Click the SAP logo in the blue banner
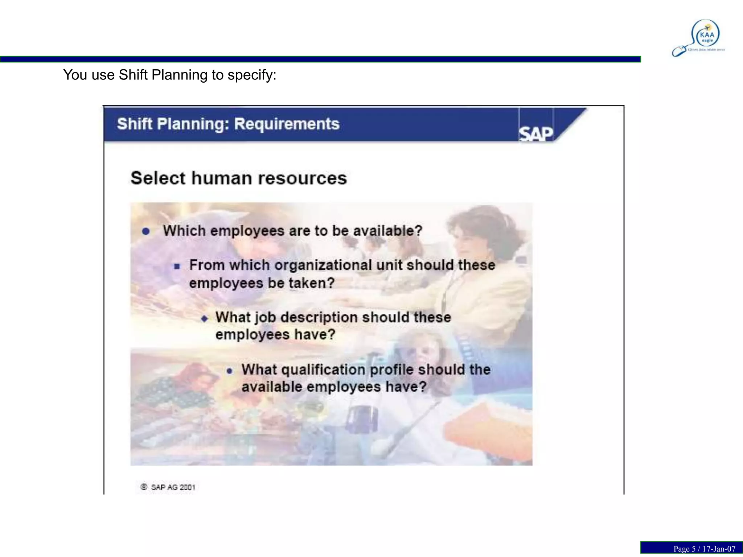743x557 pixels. pos(536,134)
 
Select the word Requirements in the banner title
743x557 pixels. pos(287,124)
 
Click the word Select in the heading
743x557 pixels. pos(158,178)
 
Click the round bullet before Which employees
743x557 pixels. pos(146,231)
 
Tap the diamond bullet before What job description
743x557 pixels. pos(205,318)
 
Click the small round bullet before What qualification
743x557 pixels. pos(229,371)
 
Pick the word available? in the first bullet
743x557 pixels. pos(388,231)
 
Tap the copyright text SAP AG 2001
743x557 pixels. pos(173,487)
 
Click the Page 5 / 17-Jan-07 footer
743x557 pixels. pos(704,549)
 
